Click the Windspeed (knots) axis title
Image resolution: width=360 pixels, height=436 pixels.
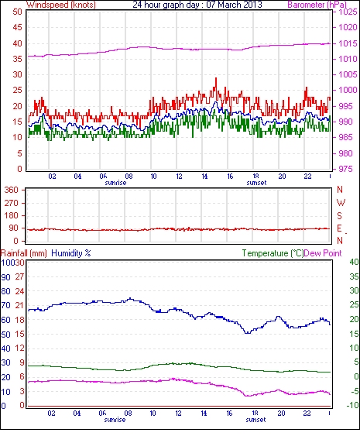(61, 5)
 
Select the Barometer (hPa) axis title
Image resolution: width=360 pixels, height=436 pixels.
(317, 5)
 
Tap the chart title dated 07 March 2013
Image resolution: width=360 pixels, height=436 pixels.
(197, 5)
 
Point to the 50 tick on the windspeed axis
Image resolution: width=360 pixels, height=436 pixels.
(18, 12)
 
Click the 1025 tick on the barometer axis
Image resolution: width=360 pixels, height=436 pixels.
(348, 12)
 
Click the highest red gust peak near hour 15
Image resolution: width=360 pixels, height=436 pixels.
(216, 79)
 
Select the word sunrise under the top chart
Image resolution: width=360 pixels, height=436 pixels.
(115, 183)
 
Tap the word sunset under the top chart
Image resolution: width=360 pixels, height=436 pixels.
(256, 183)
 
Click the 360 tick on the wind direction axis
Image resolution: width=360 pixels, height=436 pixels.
(12, 191)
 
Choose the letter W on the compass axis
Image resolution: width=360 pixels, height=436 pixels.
(341, 203)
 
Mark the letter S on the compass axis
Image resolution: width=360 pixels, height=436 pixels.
(339, 215)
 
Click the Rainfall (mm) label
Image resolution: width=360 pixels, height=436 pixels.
(24, 253)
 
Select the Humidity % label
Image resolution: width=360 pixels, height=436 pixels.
(71, 253)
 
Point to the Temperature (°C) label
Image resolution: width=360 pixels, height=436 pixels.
(273, 253)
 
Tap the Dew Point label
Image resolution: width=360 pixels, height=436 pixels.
(323, 253)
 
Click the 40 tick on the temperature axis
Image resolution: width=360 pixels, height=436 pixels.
(354, 262)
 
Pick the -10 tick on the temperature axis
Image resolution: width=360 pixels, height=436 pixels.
(352, 406)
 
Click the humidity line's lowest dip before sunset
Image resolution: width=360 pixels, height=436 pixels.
(247, 333)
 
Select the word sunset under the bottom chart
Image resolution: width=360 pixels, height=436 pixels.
(255, 420)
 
